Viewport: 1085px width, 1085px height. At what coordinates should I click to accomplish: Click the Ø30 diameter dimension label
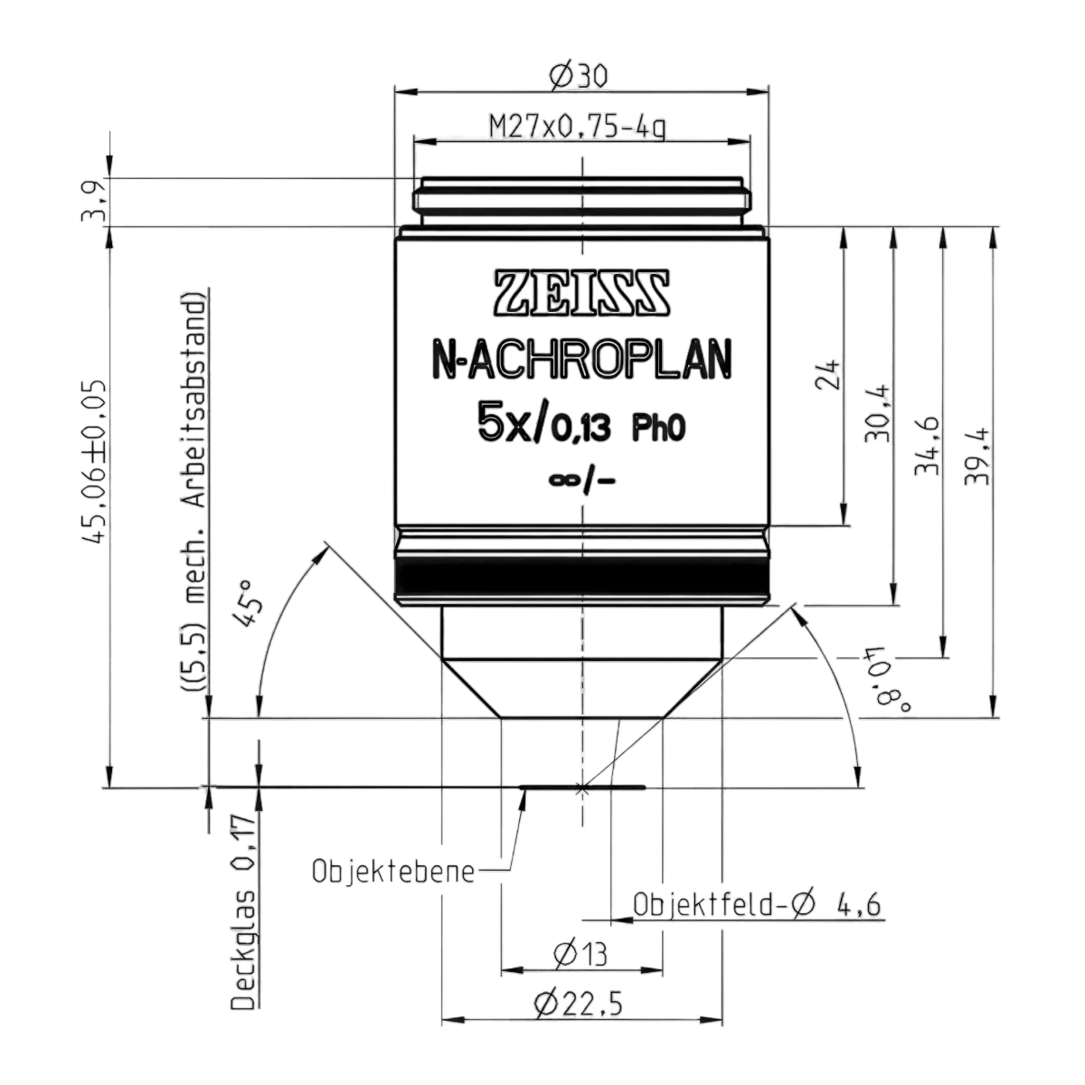pos(579,76)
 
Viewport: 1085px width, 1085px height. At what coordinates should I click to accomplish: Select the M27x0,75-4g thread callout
pos(578,127)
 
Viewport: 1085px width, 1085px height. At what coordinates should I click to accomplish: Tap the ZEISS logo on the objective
pos(581,293)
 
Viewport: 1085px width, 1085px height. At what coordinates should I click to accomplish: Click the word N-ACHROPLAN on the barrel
pos(581,359)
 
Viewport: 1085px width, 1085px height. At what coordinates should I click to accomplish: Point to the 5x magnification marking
pos(502,421)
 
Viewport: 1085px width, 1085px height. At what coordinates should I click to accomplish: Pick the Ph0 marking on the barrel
pos(660,429)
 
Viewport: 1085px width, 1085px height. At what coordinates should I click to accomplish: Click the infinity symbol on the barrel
pos(563,480)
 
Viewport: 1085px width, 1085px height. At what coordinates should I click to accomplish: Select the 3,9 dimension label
pos(93,201)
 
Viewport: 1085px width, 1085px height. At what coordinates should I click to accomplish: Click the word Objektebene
pos(392,872)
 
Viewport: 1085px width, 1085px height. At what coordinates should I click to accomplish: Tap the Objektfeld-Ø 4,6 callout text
pos(757,905)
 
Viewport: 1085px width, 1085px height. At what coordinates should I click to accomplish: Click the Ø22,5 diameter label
pos(579,1005)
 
